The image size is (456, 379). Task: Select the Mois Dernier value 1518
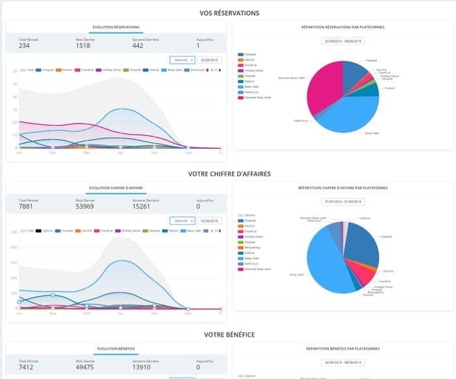(x=83, y=46)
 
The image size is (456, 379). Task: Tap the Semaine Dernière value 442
(x=137, y=46)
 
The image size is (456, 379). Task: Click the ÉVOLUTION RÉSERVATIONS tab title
(x=116, y=27)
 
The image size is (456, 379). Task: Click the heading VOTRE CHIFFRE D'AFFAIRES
(x=229, y=174)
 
